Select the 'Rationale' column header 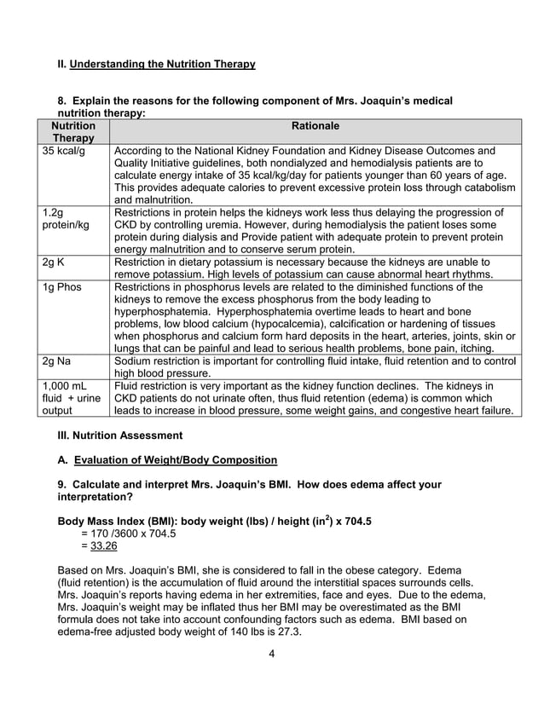315,126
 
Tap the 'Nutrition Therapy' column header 73,132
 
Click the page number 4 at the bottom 271,655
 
